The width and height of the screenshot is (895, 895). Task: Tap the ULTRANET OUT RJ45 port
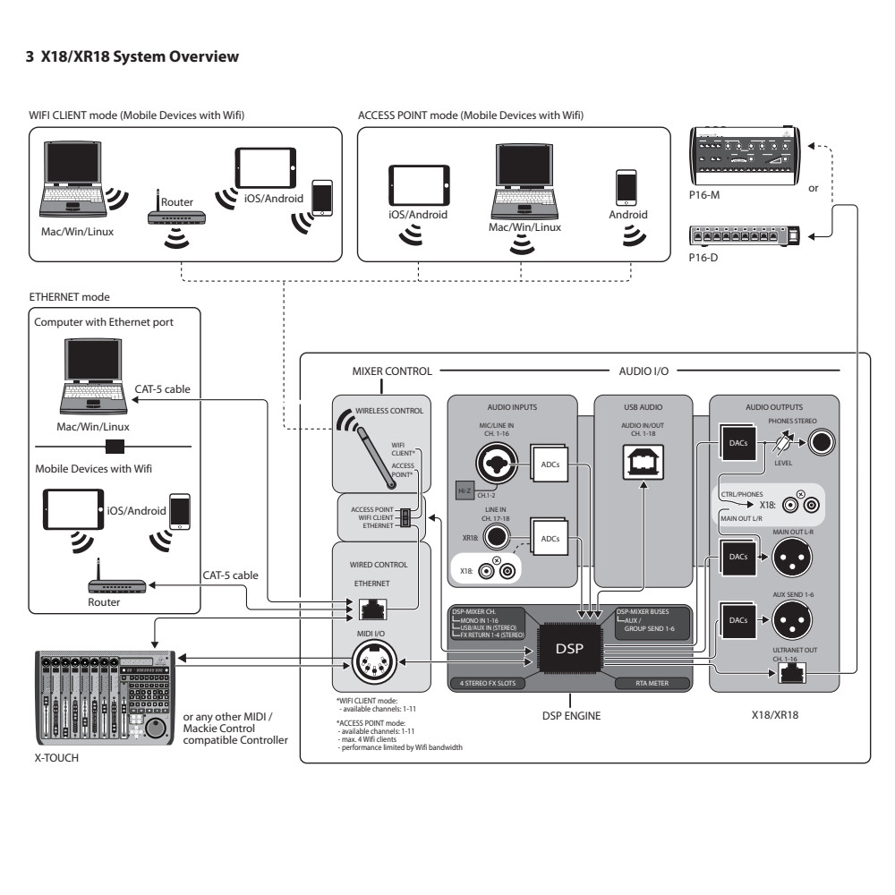(790, 672)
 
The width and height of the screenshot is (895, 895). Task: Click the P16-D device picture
(745, 235)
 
